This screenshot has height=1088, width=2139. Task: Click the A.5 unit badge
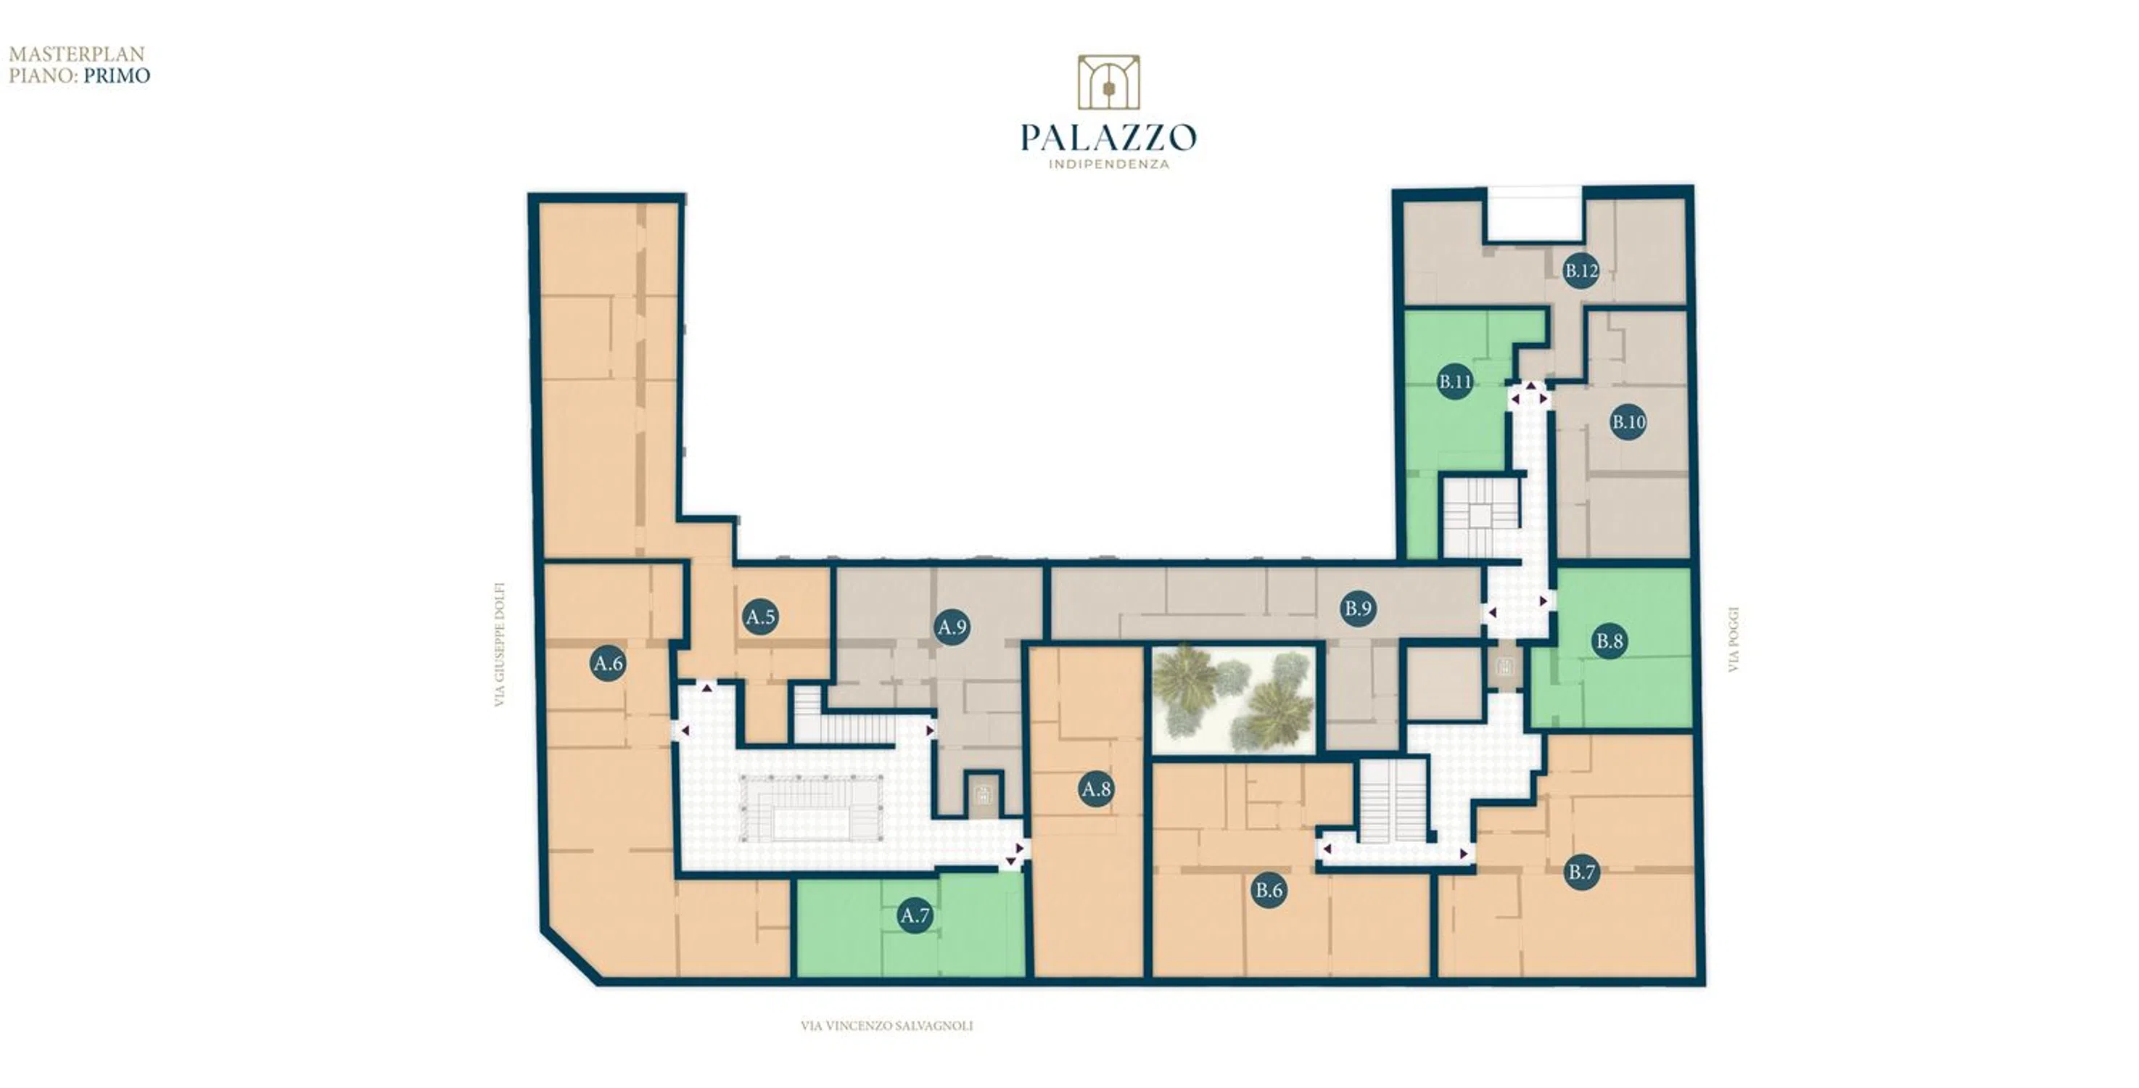(761, 617)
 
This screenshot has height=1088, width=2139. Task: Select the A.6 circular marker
(609, 664)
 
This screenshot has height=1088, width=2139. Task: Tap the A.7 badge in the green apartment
(915, 916)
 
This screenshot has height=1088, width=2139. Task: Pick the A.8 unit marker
(1096, 789)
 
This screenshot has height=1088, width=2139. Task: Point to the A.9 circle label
(952, 627)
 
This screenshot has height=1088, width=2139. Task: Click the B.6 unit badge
(1269, 890)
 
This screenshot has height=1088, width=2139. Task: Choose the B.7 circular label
(1582, 872)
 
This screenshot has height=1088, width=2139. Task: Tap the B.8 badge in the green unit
(1610, 641)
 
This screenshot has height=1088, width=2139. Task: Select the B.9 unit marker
(1359, 609)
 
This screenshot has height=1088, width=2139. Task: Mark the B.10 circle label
(1628, 422)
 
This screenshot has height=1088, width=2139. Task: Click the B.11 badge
(1456, 382)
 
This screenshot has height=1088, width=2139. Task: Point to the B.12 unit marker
(1581, 271)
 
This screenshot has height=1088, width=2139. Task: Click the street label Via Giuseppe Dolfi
(500, 645)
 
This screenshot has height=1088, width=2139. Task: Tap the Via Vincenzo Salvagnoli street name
(887, 1026)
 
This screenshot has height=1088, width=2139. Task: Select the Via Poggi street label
(1733, 640)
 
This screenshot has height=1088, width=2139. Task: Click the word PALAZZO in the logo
(1108, 137)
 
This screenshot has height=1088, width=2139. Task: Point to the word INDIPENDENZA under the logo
(1108, 165)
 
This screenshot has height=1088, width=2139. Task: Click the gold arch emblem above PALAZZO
(1108, 82)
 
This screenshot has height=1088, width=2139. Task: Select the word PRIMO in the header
(117, 75)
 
